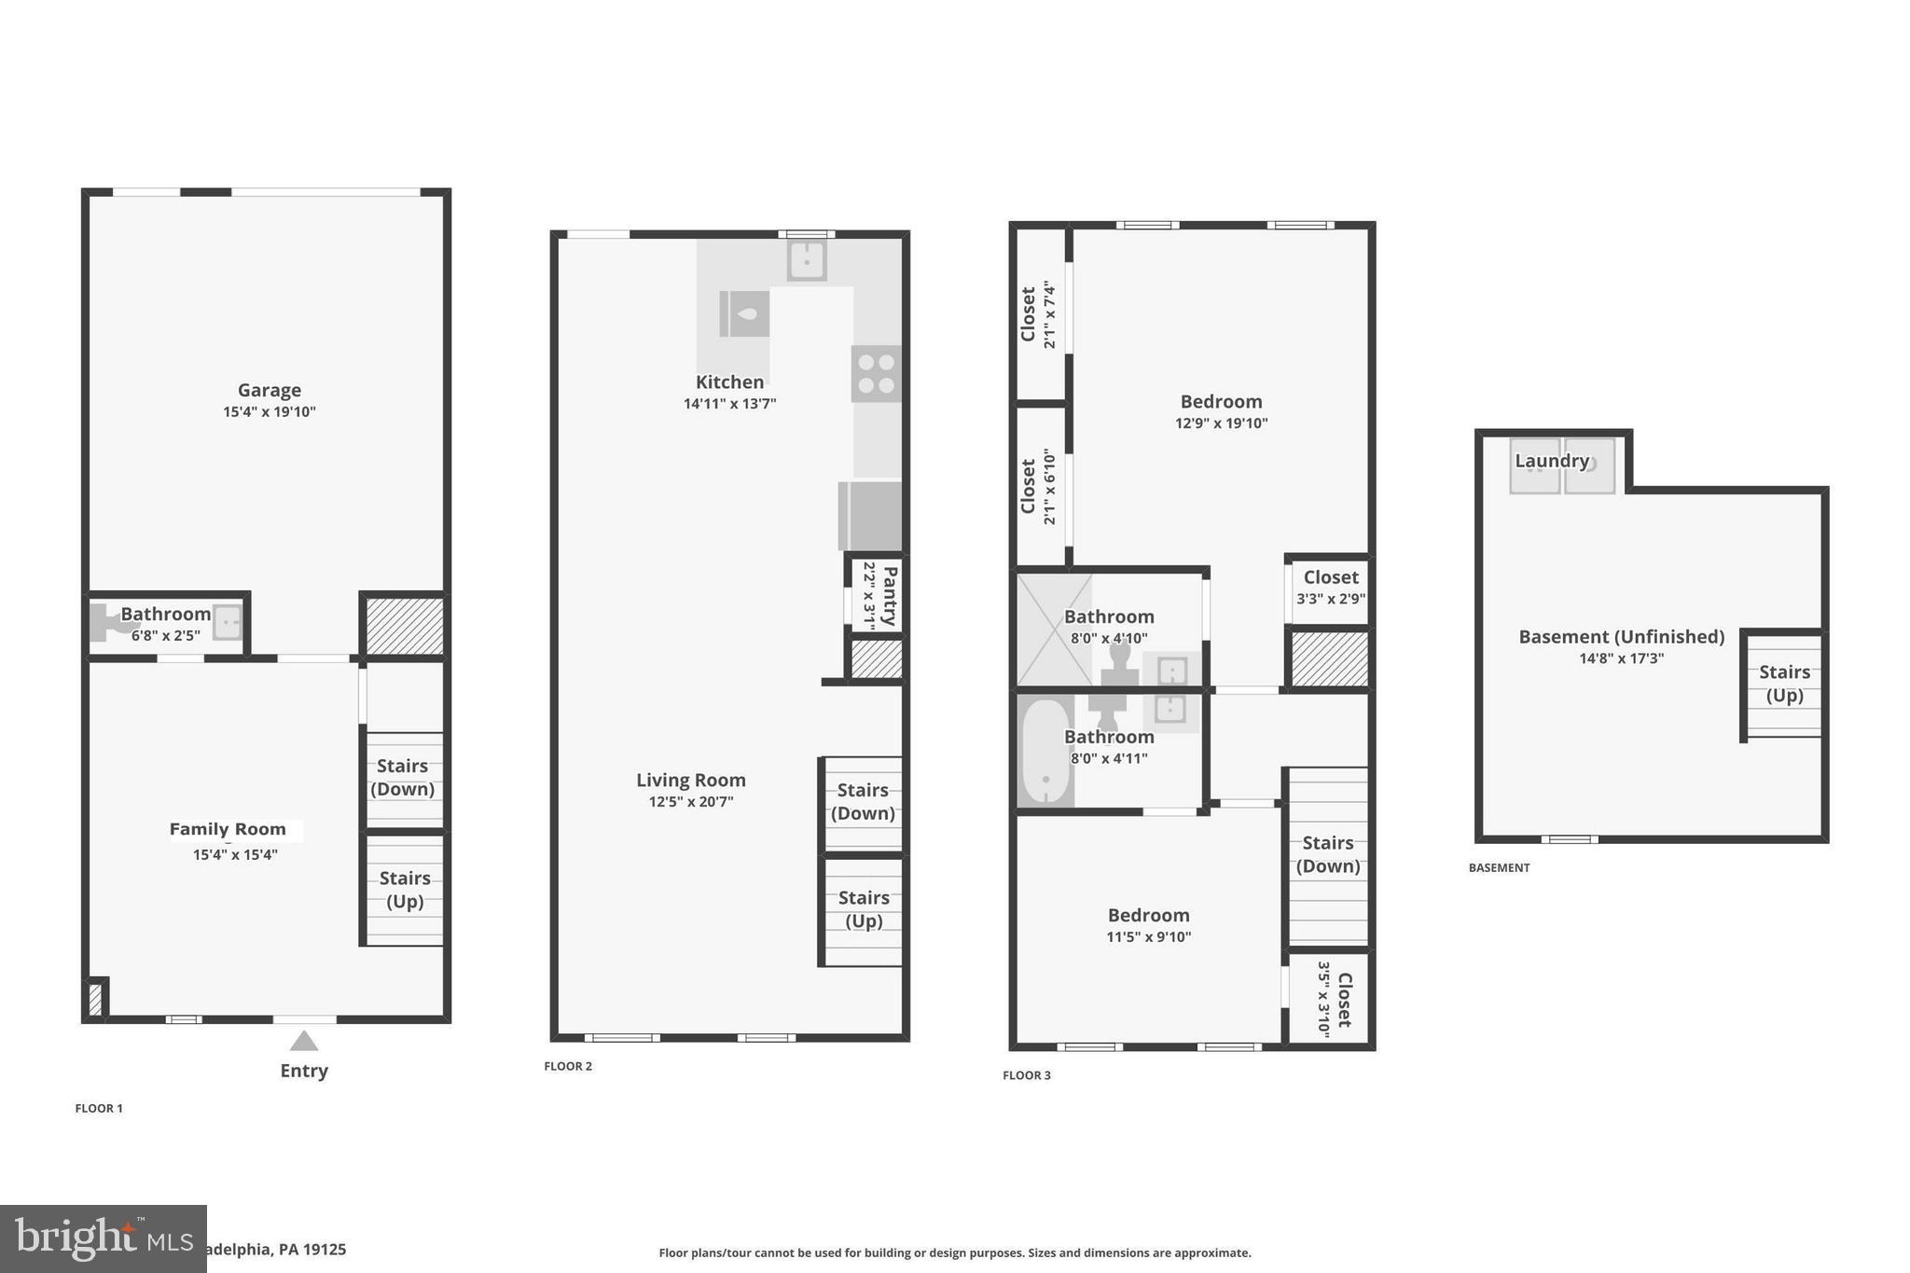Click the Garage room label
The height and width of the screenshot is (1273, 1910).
click(x=269, y=390)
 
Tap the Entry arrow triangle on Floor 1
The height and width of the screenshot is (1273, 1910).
click(x=303, y=1041)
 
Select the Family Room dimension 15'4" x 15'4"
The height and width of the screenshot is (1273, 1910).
click(x=235, y=854)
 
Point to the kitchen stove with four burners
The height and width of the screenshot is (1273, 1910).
click(x=876, y=374)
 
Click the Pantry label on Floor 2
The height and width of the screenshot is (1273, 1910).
click(x=889, y=596)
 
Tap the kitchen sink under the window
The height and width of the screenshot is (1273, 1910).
click(x=807, y=260)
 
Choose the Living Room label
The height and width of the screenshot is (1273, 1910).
click(x=690, y=780)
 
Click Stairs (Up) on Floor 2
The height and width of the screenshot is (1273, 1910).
click(x=863, y=909)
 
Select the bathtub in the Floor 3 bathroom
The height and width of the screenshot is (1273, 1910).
click(x=1045, y=751)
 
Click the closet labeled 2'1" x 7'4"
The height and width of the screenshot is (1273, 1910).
click(x=1038, y=314)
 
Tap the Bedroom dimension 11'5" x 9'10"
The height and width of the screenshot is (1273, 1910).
click(x=1148, y=936)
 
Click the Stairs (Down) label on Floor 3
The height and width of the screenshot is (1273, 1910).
click(x=1327, y=854)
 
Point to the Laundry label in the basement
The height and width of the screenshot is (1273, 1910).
click(x=1551, y=461)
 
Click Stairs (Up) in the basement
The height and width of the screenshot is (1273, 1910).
click(x=1783, y=684)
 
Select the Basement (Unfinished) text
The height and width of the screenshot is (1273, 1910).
click(x=1621, y=637)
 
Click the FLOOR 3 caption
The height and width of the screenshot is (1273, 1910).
click(x=1026, y=1075)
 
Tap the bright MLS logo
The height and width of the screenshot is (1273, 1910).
click(x=103, y=1238)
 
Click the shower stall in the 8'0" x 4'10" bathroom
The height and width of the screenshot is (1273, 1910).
click(x=1053, y=630)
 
